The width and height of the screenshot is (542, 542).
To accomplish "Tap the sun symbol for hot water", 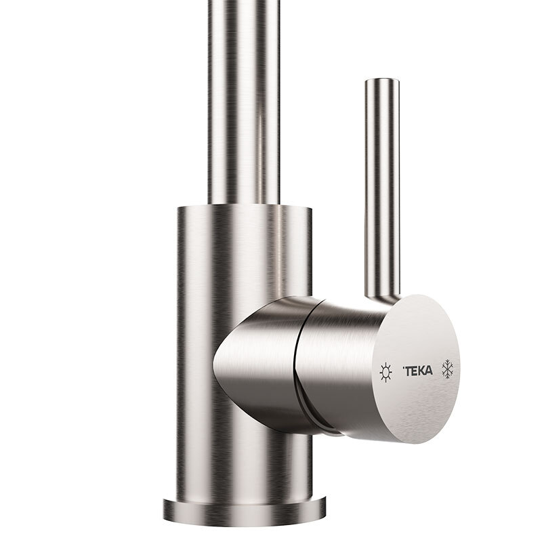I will coord(385,372).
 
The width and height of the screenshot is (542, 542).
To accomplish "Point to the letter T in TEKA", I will coord(409,371).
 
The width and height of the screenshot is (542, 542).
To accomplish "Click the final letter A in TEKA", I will coord(431,370).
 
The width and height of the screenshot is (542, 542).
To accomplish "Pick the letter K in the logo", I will coord(423,370).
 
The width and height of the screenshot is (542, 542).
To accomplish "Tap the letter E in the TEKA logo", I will coord(416,371).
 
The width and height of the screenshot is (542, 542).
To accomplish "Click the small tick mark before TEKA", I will coord(404,368).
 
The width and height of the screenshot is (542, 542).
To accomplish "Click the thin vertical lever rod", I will coord(379,190).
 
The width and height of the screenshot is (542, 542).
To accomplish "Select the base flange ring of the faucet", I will coord(244,508).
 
